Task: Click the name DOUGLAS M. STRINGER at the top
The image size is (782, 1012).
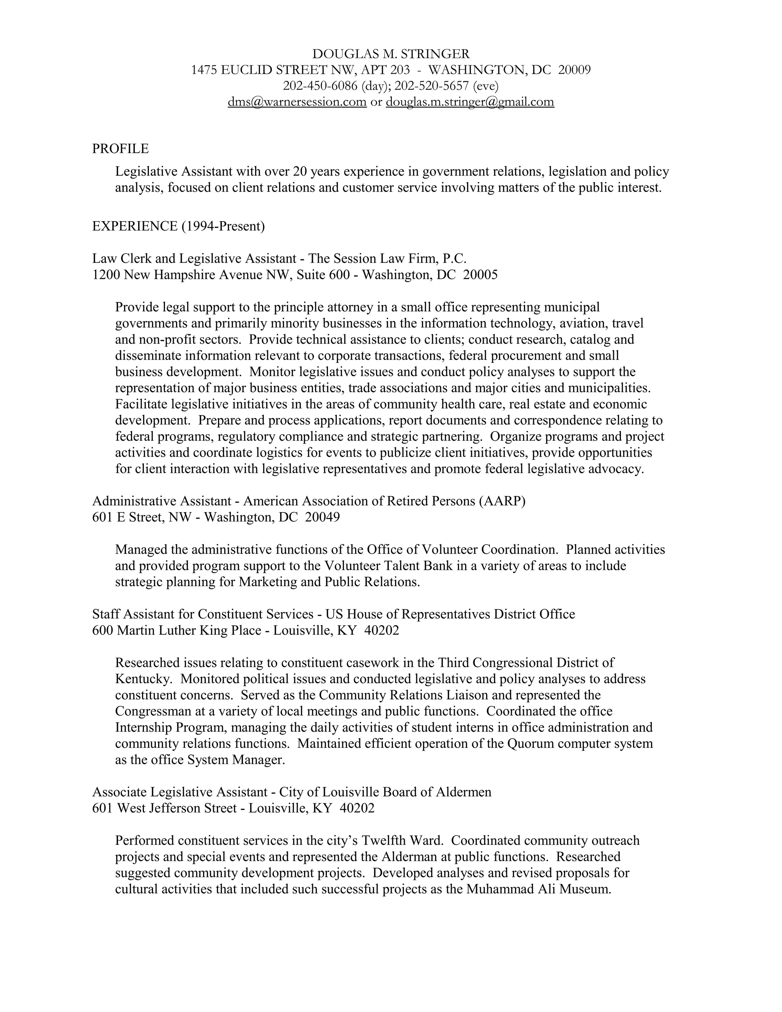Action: [391, 54]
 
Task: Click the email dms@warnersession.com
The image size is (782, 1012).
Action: [297, 102]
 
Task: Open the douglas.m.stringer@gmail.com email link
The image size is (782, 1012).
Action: [470, 102]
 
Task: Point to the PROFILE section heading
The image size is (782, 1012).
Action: [120, 149]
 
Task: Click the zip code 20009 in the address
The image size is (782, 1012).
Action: [574, 70]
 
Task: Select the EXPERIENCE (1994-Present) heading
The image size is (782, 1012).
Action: [178, 226]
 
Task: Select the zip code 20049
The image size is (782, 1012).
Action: [322, 517]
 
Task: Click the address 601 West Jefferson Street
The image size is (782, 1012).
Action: [165, 808]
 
